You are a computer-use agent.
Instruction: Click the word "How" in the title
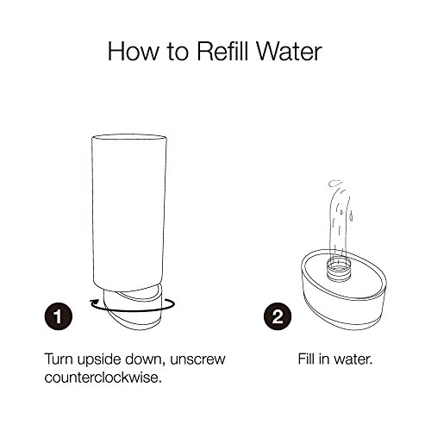(x=133, y=51)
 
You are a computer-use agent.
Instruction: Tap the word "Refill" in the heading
(x=222, y=51)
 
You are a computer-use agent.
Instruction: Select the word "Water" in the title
(x=289, y=51)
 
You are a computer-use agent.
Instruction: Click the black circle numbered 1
(x=59, y=316)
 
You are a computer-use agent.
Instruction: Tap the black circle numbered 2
(x=278, y=316)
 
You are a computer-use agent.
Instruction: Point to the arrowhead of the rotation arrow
(x=94, y=303)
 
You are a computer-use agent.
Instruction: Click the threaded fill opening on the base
(x=339, y=268)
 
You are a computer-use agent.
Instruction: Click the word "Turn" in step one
(x=59, y=359)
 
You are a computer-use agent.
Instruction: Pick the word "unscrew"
(x=197, y=359)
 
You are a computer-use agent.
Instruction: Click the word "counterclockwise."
(x=103, y=377)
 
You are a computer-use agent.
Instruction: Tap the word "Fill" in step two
(x=306, y=359)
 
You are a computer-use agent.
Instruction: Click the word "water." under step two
(x=351, y=359)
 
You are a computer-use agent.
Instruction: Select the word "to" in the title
(x=178, y=53)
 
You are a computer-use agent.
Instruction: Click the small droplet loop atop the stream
(x=335, y=183)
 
